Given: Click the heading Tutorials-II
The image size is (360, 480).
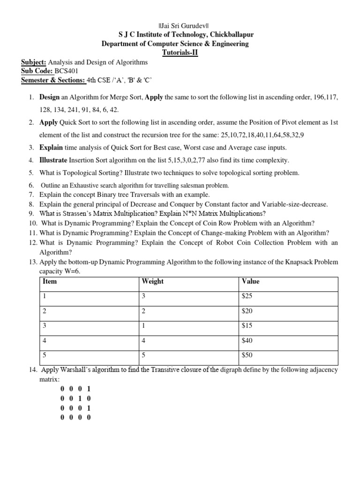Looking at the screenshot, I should click(x=180, y=52).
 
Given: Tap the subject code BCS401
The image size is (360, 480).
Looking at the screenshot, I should click(x=66, y=71).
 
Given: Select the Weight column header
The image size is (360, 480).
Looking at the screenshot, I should click(x=152, y=281).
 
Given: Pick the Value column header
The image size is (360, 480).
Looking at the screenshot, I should click(x=250, y=281).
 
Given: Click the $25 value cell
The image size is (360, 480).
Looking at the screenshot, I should click(x=247, y=296).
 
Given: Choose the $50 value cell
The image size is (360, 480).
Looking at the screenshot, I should click(x=247, y=355).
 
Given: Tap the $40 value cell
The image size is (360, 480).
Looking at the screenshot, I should click(x=247, y=340).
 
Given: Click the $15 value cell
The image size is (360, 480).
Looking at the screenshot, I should click(x=247, y=326).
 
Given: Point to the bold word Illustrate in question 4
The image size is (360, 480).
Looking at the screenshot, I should click(x=53, y=160).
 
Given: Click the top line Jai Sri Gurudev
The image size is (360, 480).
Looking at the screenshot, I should click(x=180, y=25).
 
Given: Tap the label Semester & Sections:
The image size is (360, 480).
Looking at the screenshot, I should click(x=53, y=80).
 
